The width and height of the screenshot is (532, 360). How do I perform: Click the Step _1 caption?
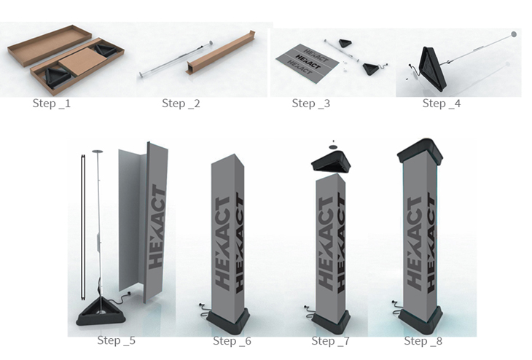pyautogui.click(x=52, y=103)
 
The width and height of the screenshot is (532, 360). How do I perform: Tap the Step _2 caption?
pyautogui.click(x=181, y=103)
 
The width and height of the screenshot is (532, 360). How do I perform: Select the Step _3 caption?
pyautogui.click(x=310, y=103)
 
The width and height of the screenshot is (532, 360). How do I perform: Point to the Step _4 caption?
pyautogui.click(x=442, y=103)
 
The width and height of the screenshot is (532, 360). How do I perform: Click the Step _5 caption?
pyautogui.click(x=117, y=340)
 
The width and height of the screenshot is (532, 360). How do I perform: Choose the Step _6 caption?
pyautogui.click(x=232, y=341)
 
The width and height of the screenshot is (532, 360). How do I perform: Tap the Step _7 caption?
pyautogui.click(x=330, y=341)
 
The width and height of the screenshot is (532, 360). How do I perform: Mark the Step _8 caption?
pyautogui.click(x=423, y=341)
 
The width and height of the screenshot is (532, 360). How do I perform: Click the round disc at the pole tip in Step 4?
pyautogui.click(x=514, y=34)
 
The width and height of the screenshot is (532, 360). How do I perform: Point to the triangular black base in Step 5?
pyautogui.click(x=101, y=312)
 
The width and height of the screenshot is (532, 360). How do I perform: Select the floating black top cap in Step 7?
pyautogui.click(x=331, y=163)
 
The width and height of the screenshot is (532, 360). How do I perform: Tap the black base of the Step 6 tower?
pyautogui.click(x=228, y=321)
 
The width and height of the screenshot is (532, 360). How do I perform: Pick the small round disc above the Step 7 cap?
pyautogui.click(x=333, y=147)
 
